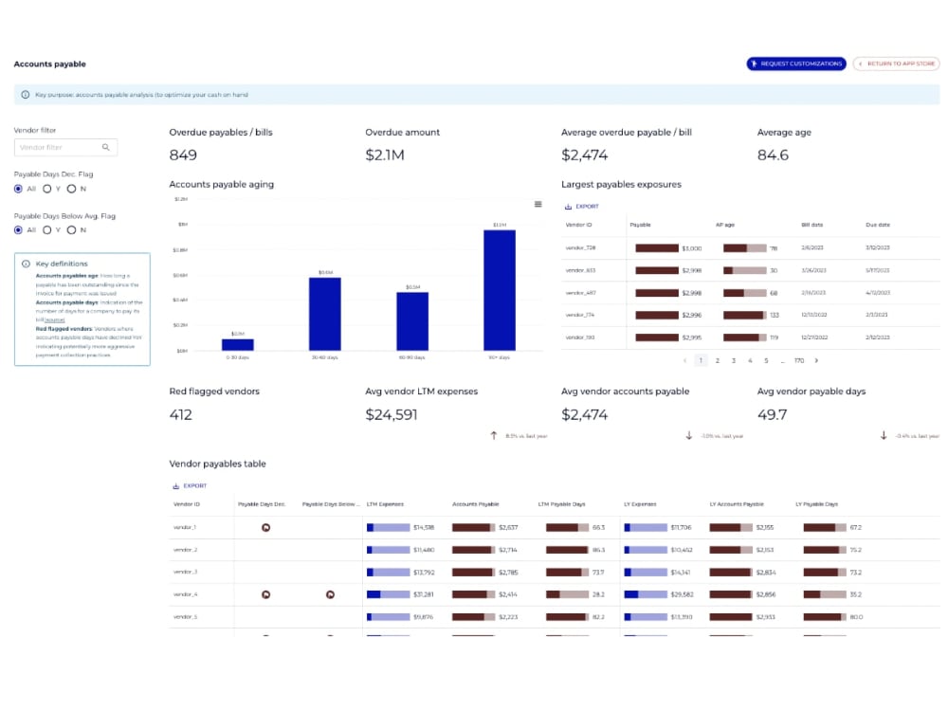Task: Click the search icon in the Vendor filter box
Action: click(106, 147)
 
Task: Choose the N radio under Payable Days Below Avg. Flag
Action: click(71, 229)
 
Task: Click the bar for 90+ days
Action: click(500, 290)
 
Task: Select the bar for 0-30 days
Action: click(238, 345)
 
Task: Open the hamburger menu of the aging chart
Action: click(538, 204)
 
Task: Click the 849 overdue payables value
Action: click(183, 155)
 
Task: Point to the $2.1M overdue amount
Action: click(384, 155)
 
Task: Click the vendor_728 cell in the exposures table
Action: click(580, 248)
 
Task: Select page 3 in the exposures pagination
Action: click(734, 360)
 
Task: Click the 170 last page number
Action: click(799, 360)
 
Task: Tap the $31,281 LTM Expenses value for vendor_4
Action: click(424, 594)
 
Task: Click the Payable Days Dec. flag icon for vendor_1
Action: click(265, 527)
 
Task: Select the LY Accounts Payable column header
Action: click(737, 504)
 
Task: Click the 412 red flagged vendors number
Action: click(180, 414)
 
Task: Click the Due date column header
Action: click(877, 226)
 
